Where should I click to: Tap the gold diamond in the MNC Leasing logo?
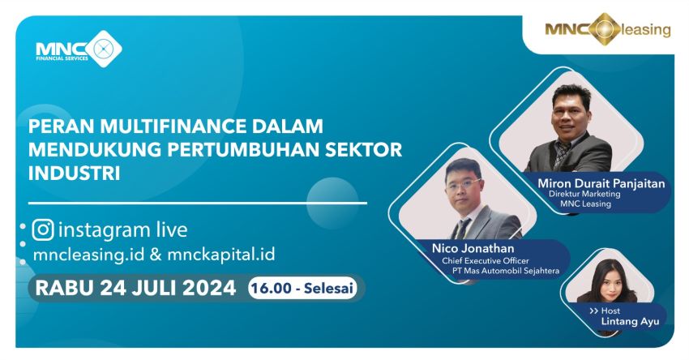[x=605, y=29]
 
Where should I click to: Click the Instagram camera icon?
[x=43, y=230]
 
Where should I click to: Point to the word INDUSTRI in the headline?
[x=75, y=174]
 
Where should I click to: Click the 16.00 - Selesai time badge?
[x=302, y=289]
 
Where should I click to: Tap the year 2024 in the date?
[x=209, y=289]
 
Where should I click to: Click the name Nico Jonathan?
[x=473, y=248]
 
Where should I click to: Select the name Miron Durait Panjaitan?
[x=601, y=183]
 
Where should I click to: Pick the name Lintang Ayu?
[x=630, y=321]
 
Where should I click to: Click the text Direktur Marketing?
[x=584, y=194]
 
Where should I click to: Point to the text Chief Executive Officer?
[x=485, y=260]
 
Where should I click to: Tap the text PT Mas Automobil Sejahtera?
[x=506, y=271]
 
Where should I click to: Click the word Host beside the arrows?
[x=611, y=311]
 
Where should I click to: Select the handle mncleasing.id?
[x=88, y=255]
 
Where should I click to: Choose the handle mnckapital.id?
[x=221, y=255]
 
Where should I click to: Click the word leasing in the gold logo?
[x=646, y=30]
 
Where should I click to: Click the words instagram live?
[x=122, y=230]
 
